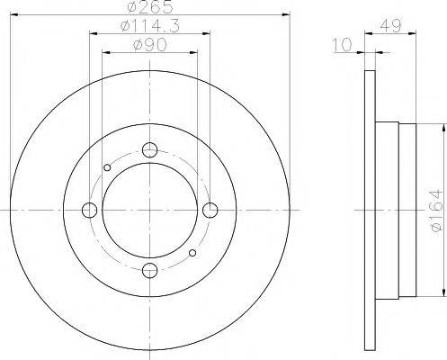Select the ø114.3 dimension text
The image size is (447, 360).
pyautogui.click(x=148, y=28)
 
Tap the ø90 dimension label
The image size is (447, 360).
pyautogui.click(x=148, y=44)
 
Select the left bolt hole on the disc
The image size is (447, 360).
pyautogui.click(x=90, y=211)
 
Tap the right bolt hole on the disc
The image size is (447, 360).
pyautogui.click(x=210, y=211)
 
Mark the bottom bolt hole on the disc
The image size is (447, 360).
pyautogui.click(x=150, y=270)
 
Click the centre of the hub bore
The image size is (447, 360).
pyautogui.click(x=150, y=211)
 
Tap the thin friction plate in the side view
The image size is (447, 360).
pyautogui.click(x=368, y=211)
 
